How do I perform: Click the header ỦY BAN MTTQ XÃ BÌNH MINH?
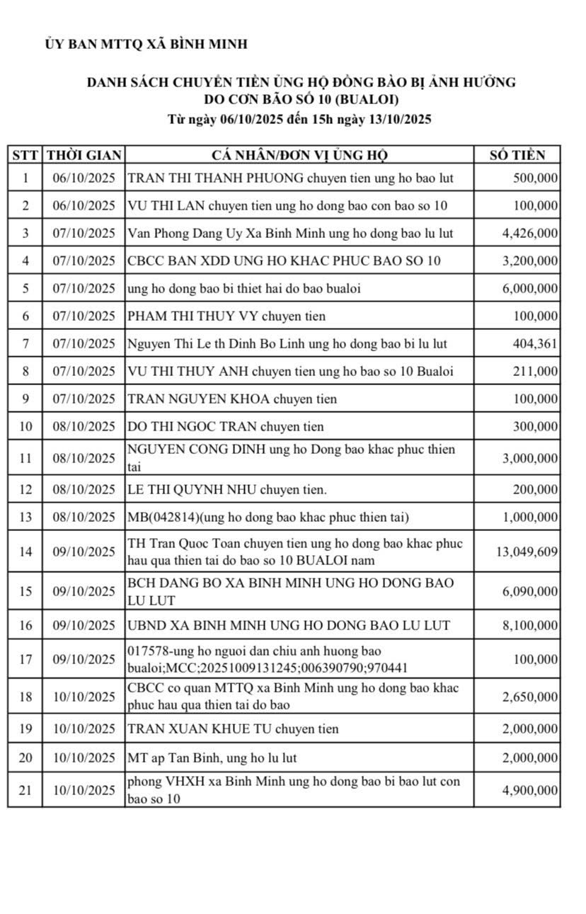click(146, 44)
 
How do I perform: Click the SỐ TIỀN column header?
click(518, 155)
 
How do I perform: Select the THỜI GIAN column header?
click(84, 155)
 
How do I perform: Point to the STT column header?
click(25, 155)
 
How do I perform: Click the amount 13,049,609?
click(527, 552)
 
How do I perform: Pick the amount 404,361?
click(537, 344)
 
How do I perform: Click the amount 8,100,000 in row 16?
click(530, 625)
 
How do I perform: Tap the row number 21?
click(25, 790)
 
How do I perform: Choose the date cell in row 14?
click(84, 552)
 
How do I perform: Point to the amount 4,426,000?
click(530, 234)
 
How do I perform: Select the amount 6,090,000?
click(530, 591)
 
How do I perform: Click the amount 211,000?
click(537, 372)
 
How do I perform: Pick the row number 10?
click(25, 426)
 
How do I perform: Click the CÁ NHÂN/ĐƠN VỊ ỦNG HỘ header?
click(300, 155)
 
